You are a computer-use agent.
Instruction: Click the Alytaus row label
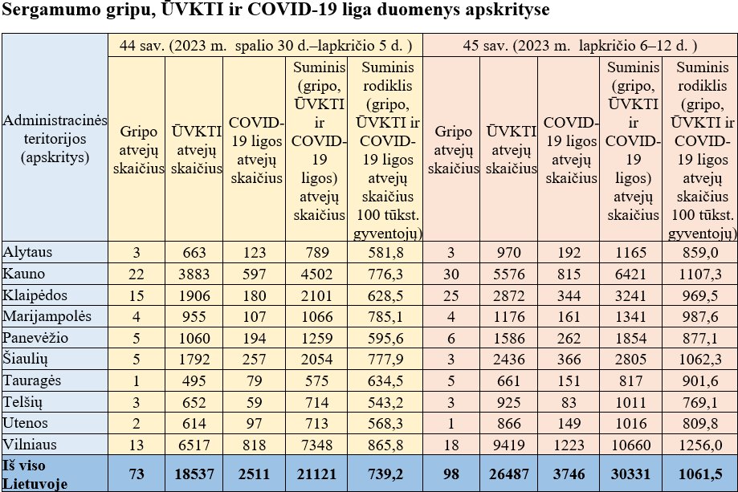(x=28, y=252)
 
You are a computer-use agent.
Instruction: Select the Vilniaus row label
(x=31, y=443)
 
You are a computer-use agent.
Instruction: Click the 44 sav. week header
(x=265, y=46)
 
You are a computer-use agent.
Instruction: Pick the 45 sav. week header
(x=580, y=46)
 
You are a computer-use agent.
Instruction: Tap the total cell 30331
(x=629, y=474)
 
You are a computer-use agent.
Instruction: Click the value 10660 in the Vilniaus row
(x=629, y=443)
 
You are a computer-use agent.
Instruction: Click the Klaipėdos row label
(x=36, y=295)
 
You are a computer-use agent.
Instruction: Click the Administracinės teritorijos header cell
(x=55, y=139)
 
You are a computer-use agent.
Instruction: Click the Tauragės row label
(x=33, y=380)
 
